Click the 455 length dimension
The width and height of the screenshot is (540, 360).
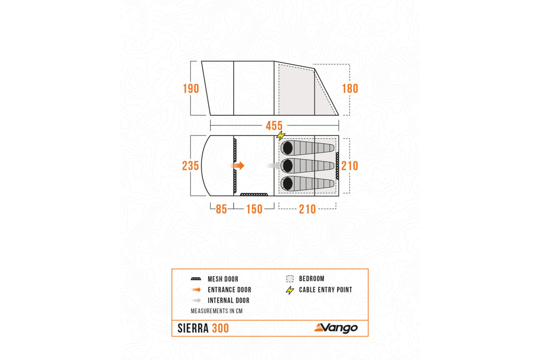pyautogui.click(x=274, y=125)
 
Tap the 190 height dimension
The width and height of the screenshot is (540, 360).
pyautogui.click(x=191, y=88)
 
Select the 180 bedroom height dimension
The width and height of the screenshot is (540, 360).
pyautogui.click(x=350, y=88)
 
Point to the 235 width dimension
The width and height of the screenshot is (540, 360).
pyautogui.click(x=190, y=166)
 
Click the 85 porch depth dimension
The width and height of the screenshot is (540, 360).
pyautogui.click(x=221, y=209)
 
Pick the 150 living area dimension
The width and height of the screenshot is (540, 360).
pyautogui.click(x=254, y=209)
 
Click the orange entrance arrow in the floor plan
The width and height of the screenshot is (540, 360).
pyautogui.click(x=238, y=166)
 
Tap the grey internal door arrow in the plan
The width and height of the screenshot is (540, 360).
pyautogui.click(x=273, y=166)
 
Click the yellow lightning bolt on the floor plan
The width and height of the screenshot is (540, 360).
pyautogui.click(x=281, y=135)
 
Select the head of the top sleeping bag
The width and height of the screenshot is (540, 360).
pyautogui.click(x=288, y=148)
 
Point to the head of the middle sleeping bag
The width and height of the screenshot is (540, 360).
pyautogui.click(x=288, y=166)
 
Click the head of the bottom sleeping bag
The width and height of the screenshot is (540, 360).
pyautogui.click(x=288, y=183)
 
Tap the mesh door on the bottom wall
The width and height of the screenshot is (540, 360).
pyautogui.click(x=254, y=194)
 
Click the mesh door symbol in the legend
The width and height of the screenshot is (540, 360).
pyautogui.click(x=196, y=279)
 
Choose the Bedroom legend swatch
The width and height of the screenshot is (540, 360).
pyautogui.click(x=290, y=279)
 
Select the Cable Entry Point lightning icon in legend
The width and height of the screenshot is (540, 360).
pyautogui.click(x=290, y=290)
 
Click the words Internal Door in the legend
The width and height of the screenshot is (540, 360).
pyautogui.click(x=229, y=300)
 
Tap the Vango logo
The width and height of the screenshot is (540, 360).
pyautogui.click(x=336, y=328)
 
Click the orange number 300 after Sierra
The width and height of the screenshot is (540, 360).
pyautogui.click(x=220, y=328)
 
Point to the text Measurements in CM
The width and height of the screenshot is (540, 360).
pyautogui.click(x=217, y=311)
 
